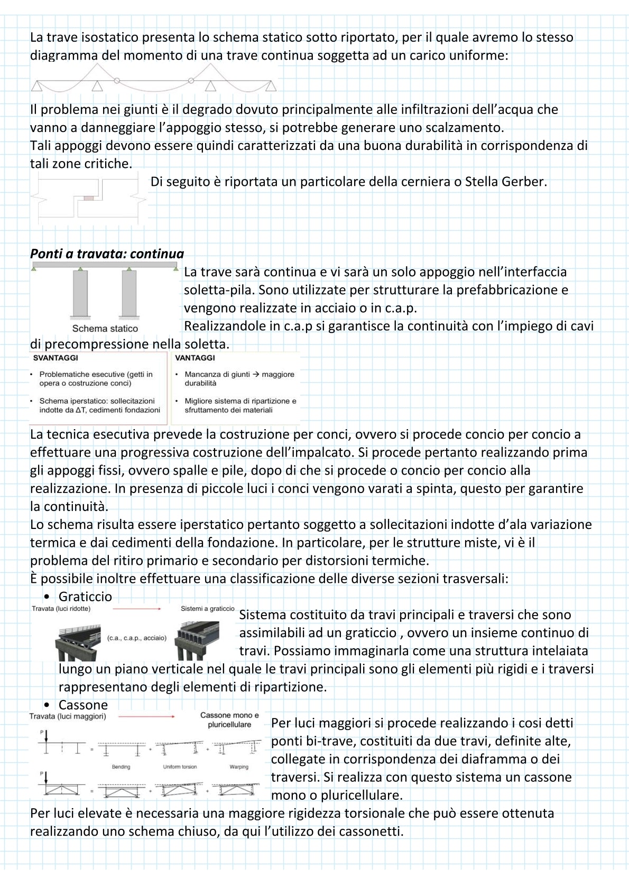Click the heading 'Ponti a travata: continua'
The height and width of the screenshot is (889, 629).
pyautogui.click(x=107, y=253)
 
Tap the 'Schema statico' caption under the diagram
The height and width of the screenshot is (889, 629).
pyautogui.click(x=105, y=328)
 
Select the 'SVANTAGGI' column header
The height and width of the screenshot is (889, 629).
pyautogui.click(x=55, y=358)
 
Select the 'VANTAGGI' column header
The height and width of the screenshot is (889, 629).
pyautogui.click(x=195, y=358)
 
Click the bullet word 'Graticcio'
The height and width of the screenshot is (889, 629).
pyautogui.click(x=85, y=597)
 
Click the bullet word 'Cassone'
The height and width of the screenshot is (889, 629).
pyautogui.click(x=83, y=705)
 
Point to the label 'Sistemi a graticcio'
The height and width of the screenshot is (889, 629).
pyautogui.click(x=207, y=609)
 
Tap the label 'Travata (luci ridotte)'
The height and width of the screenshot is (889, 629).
pyautogui.click(x=61, y=609)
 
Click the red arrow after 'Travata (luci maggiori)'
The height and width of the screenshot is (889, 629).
pyautogui.click(x=146, y=716)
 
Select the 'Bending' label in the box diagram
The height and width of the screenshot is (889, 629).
pyautogui.click(x=121, y=767)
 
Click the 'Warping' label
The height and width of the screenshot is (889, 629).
pyautogui.click(x=239, y=767)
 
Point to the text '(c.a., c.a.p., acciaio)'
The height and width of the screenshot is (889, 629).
pyautogui.click(x=137, y=638)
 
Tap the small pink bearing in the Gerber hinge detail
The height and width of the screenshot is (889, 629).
pyautogui.click(x=88, y=198)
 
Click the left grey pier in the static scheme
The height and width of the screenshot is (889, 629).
pyautogui.click(x=80, y=294)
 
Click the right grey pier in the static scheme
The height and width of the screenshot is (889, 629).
pyautogui.click(x=129, y=294)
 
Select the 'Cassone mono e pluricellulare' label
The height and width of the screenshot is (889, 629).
pyautogui.click(x=229, y=720)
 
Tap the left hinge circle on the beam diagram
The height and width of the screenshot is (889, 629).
pyautogui.click(x=117, y=80)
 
